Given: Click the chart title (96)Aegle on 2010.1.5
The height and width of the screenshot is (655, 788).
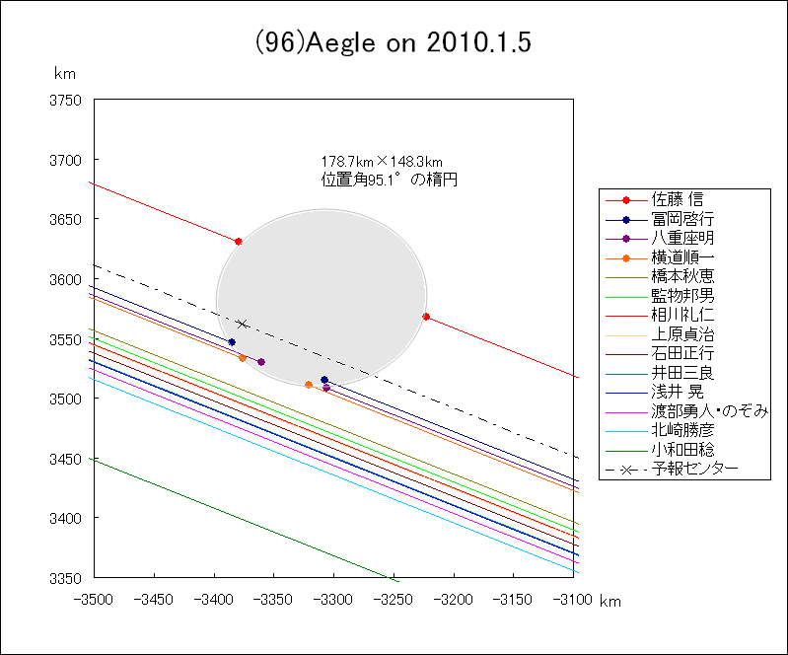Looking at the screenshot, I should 394,43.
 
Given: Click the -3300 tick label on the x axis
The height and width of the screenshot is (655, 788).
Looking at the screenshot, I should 333,599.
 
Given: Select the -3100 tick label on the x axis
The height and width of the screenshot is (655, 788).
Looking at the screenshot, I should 573,599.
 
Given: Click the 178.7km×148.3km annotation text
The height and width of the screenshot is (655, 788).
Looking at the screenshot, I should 381,162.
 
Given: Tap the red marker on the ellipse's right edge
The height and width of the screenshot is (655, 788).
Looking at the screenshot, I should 425,317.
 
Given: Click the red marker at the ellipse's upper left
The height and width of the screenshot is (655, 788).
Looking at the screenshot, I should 239,242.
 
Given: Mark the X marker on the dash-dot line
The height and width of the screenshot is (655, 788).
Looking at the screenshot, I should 242,324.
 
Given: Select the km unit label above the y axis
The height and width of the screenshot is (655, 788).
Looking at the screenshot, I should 65,74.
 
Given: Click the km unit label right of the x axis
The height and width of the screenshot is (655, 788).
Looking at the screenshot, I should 610,601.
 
